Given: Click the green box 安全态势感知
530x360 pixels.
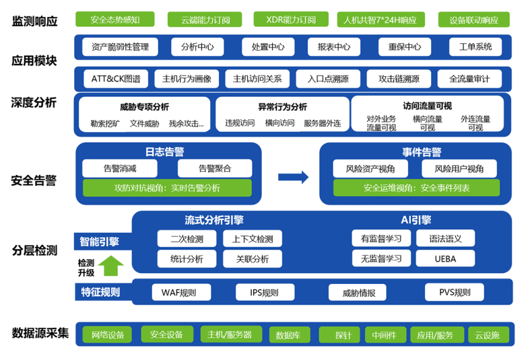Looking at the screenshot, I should click(114, 20).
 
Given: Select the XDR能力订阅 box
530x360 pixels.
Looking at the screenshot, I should click(291, 20).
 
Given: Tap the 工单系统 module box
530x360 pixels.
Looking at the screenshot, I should click(475, 47).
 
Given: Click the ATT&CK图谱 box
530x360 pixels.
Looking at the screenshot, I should click(116, 79).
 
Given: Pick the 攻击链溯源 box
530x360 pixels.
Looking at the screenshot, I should click(399, 79).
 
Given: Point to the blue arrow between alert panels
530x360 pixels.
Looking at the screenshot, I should click(293, 177).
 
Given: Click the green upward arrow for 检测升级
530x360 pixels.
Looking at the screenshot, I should click(111, 266).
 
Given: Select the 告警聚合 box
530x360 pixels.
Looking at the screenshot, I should click(215, 168).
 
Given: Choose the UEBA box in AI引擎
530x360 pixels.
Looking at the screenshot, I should click(444, 258).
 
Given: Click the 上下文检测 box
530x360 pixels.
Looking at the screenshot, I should click(253, 239).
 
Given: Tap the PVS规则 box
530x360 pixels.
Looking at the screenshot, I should click(455, 292).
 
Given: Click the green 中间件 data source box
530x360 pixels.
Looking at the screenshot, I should click(385, 335).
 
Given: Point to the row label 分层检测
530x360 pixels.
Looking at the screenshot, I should click(34, 250).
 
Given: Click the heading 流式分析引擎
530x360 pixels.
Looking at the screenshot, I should click(215, 220).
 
